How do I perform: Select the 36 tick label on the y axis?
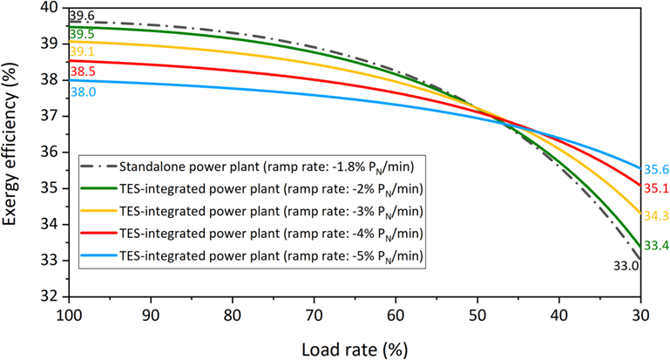click(55, 152)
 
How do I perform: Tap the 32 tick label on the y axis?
click(55, 296)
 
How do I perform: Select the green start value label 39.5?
click(82, 34)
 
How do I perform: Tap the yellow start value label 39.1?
click(82, 52)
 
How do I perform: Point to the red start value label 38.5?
click(82, 71)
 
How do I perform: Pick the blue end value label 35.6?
click(656, 170)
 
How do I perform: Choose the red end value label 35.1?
click(656, 187)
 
